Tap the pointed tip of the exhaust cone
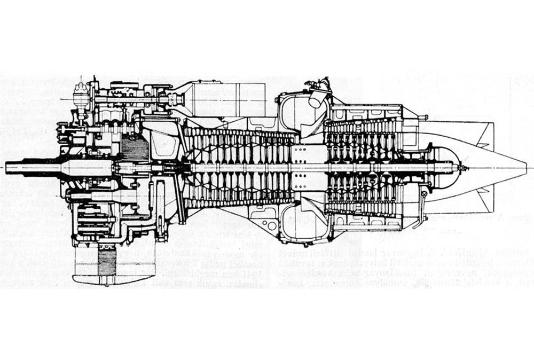coord(525,168)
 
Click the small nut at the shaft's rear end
coord(462,168)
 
